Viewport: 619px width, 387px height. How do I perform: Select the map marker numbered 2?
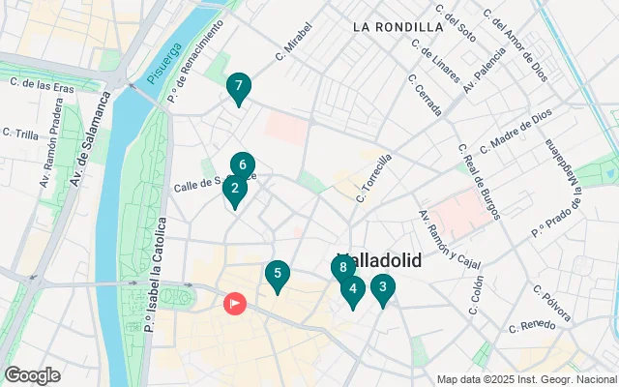click(x=235, y=190)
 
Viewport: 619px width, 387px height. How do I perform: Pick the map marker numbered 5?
click(x=278, y=275)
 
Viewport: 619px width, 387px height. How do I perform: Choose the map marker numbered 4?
click(x=353, y=288)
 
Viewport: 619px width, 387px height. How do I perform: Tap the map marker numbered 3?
click(x=384, y=286)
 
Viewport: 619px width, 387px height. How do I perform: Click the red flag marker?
click(x=235, y=303)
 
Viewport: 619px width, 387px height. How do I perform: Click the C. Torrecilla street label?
click(x=374, y=177)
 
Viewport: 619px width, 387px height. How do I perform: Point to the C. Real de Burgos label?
click(x=479, y=181)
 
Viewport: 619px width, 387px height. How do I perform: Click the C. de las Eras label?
click(x=43, y=83)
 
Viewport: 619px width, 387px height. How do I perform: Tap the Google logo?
click(x=32, y=374)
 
